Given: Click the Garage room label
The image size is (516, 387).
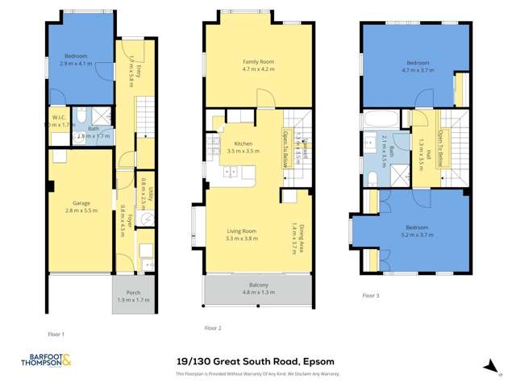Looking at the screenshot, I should click(81, 202).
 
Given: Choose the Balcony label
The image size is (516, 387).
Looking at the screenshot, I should click(258, 285).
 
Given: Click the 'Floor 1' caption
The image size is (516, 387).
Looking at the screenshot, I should click(56, 333).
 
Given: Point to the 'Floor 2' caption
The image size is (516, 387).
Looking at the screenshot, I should click(212, 328).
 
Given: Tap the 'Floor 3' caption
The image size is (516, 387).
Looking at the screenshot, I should click(370, 296).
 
